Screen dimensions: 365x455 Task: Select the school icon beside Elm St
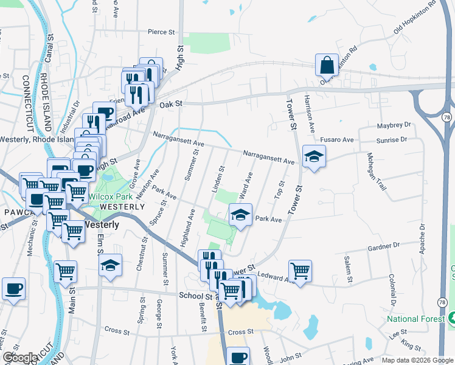111,265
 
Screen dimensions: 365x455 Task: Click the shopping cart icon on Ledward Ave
300,270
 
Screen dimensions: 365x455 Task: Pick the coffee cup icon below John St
238,357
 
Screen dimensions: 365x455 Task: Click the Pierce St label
161,32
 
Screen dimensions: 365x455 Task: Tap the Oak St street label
171,105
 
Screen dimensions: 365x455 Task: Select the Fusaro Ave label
337,140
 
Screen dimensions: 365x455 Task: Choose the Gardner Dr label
383,246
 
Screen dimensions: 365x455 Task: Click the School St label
195,295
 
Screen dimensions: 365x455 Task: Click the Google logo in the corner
20,358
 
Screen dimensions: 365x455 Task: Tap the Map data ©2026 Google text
417,360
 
